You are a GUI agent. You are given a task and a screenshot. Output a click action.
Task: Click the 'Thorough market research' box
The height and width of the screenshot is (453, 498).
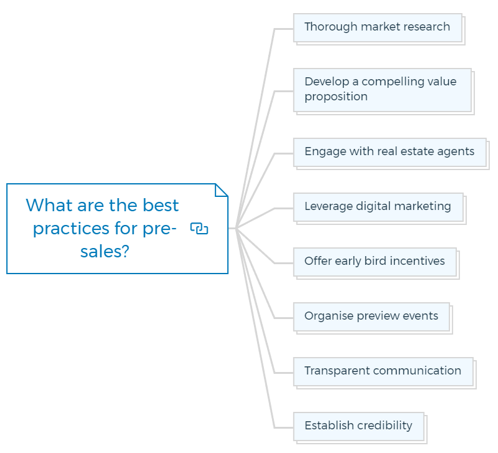[x=378, y=27]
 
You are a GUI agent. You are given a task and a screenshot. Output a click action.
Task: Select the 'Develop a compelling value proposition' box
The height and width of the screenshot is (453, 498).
[x=382, y=90]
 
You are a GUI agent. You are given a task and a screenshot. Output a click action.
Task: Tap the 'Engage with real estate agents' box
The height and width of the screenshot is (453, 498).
[x=390, y=152]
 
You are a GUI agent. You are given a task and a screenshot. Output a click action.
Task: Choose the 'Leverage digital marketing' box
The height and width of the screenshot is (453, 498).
[x=378, y=207]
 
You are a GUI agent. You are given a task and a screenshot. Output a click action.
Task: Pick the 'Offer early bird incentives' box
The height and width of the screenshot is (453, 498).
[x=375, y=262]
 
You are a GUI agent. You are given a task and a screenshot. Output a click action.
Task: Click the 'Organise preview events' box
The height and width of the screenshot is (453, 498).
[x=372, y=317]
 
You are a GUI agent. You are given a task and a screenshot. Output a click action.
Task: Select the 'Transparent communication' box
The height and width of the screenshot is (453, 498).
[x=383, y=371]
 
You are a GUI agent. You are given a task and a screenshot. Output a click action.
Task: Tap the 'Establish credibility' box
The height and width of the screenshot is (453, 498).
[x=359, y=427]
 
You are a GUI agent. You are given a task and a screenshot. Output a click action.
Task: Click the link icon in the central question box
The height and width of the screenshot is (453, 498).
[x=199, y=228]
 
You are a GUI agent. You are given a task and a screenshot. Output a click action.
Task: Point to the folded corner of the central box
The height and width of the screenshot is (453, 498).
[x=222, y=190]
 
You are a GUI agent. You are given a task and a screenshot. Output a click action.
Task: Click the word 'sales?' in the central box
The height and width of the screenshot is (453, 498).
[x=105, y=252]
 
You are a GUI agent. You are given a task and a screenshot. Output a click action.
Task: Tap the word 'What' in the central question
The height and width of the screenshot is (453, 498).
[x=49, y=205]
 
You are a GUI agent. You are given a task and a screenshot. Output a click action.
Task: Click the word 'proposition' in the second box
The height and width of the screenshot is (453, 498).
[x=336, y=97]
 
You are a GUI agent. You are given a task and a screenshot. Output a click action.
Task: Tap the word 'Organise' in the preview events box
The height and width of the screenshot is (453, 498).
[x=329, y=316]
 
